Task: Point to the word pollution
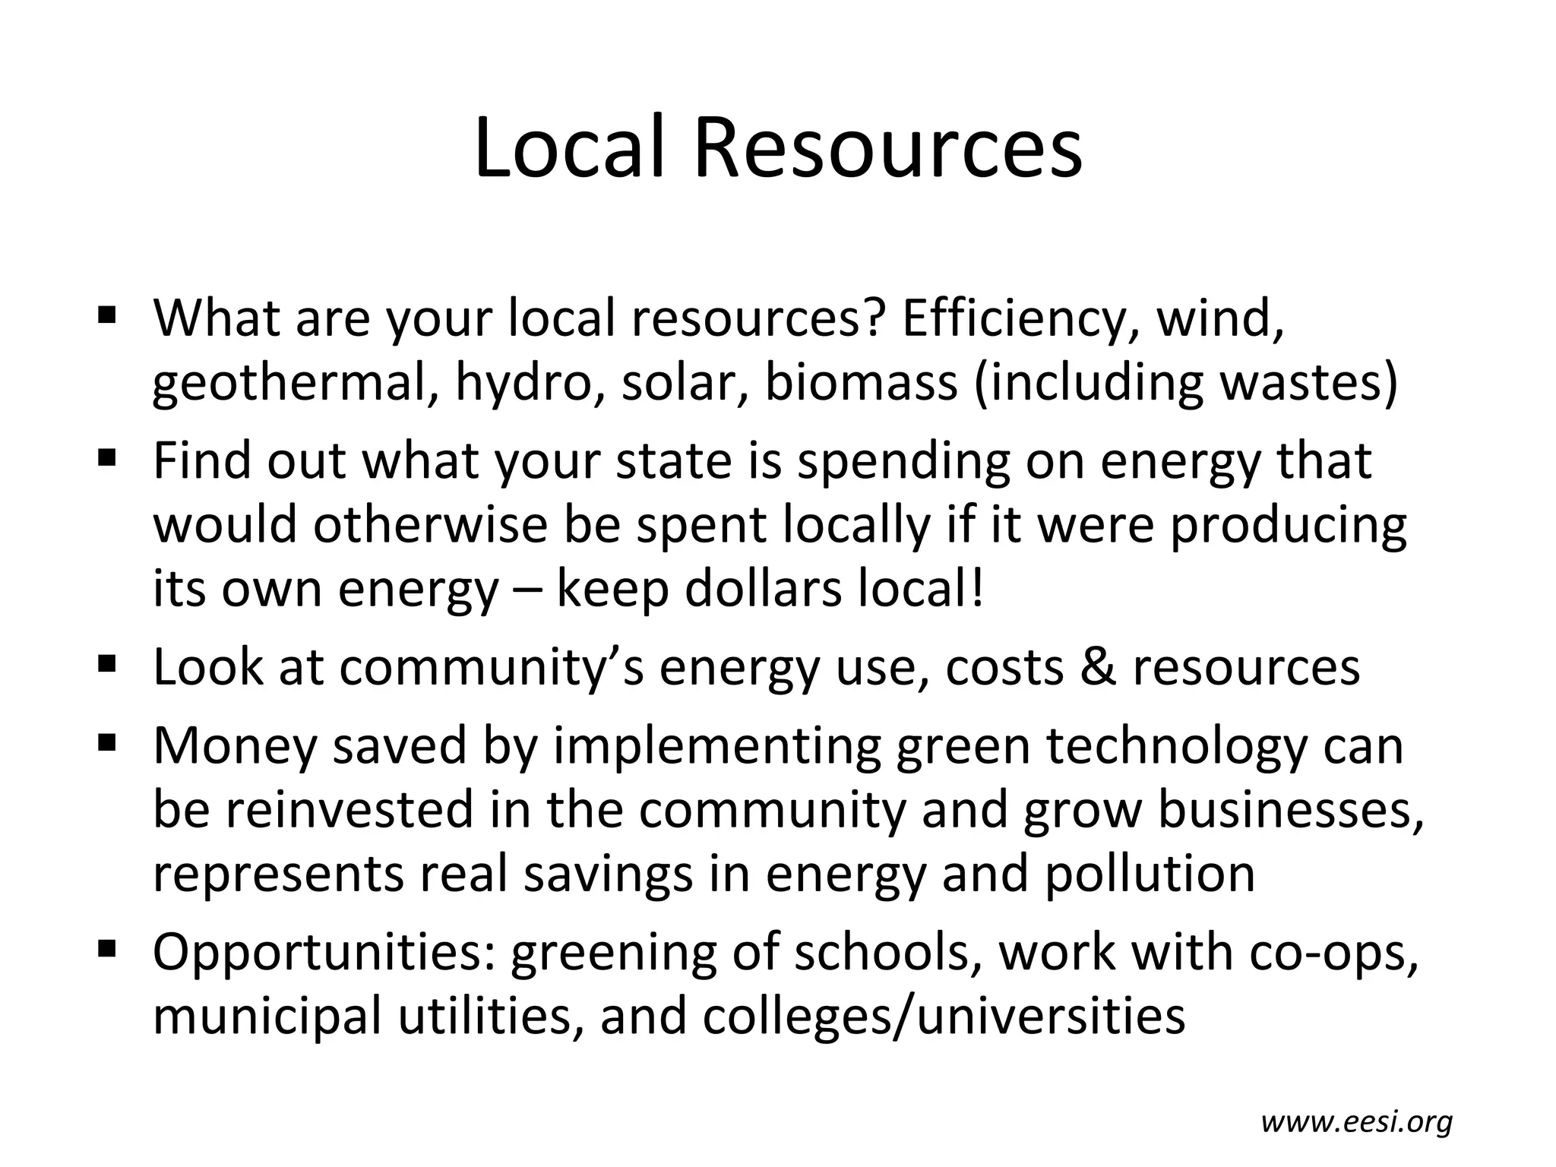[x=1150, y=874]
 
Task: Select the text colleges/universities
[x=944, y=1017]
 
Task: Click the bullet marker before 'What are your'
[x=106, y=313]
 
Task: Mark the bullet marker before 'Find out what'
[x=106, y=457]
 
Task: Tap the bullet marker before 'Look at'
[x=106, y=663]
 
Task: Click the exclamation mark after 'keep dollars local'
[x=976, y=589]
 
